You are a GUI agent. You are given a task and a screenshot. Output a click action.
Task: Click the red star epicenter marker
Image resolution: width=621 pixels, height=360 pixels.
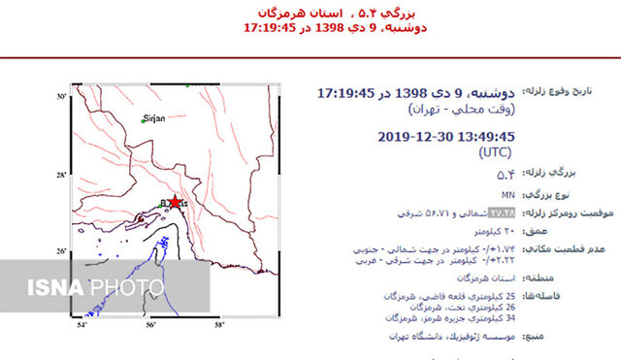click(x=175, y=201)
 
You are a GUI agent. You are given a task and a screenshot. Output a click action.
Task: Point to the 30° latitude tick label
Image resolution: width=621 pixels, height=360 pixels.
click(x=58, y=97)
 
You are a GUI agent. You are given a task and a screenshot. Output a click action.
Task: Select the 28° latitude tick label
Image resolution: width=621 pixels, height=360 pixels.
click(x=58, y=175)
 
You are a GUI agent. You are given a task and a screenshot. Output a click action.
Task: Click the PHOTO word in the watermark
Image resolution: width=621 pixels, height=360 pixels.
click(x=127, y=287)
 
